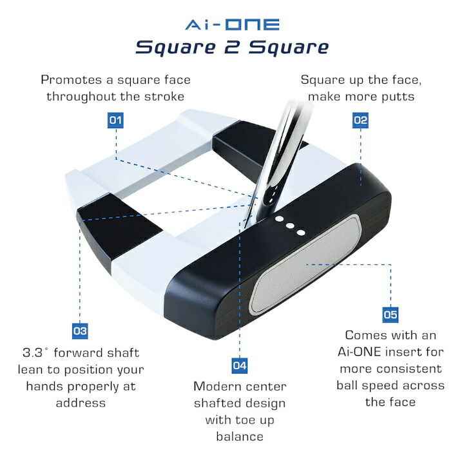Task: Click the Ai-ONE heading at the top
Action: tap(232, 24)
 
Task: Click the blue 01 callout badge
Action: tap(115, 120)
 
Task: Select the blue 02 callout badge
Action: tap(360, 120)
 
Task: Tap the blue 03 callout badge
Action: tap(79, 331)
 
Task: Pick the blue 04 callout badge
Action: tap(239, 365)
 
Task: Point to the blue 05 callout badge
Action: tap(391, 314)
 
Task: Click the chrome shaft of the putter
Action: tap(277, 155)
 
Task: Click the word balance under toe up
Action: tap(240, 437)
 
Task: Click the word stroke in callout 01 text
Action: tap(166, 97)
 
